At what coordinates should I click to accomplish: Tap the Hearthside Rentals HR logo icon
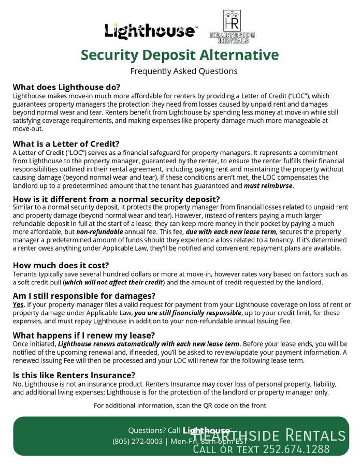point(232,22)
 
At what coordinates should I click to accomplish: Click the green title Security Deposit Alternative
point(180,55)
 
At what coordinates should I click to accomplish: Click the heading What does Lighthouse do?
point(66,87)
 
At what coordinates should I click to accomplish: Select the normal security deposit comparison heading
point(117,199)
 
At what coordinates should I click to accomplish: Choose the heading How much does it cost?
point(61,265)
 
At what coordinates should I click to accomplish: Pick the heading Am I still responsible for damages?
point(84,296)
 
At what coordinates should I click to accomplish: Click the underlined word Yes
point(18,304)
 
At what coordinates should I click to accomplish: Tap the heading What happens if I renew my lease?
point(83,335)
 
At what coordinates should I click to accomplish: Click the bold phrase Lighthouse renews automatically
point(149,344)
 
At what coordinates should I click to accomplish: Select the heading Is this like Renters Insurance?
point(74,375)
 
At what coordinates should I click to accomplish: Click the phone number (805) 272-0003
point(137,442)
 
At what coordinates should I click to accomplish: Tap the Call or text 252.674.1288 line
point(262,449)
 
